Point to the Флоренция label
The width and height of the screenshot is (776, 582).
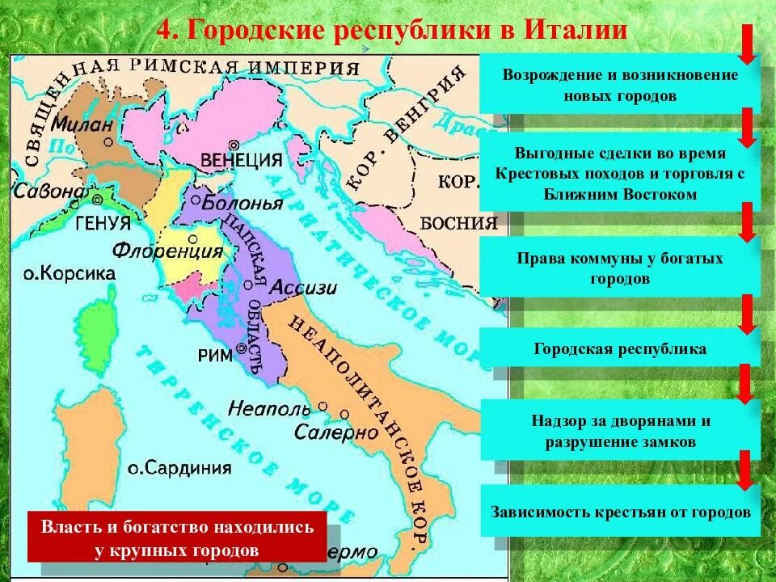tap(168, 251)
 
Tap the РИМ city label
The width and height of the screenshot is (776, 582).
tap(215, 354)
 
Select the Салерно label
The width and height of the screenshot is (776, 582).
tap(335, 432)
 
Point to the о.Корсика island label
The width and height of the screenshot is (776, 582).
tap(69, 274)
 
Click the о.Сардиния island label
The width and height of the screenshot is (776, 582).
tap(179, 467)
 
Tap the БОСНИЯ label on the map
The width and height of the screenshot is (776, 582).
tap(458, 224)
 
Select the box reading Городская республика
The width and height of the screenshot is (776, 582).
tap(619, 349)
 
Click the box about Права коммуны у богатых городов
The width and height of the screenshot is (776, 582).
tap(619, 268)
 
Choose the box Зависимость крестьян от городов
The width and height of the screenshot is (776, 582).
tap(619, 512)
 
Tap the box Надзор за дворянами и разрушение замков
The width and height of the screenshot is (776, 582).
tap(619, 431)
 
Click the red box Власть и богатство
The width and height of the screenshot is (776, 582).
tap(177, 537)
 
